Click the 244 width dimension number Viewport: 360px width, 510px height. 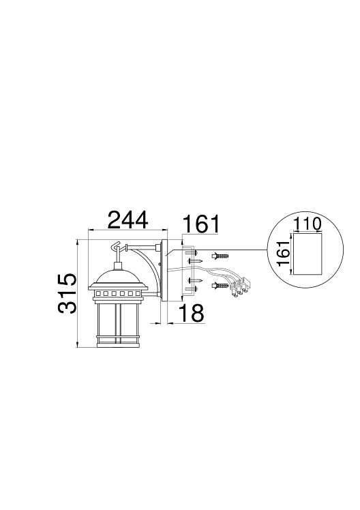coord(127,220)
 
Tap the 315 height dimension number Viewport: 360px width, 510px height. coord(67,293)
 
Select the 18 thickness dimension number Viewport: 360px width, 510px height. coord(192,313)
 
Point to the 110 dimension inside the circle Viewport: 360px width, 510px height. coord(307,224)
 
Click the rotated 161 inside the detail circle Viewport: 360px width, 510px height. coord(284,254)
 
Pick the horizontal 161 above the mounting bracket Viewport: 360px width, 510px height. coord(201,224)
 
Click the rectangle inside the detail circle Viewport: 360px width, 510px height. coord(307,253)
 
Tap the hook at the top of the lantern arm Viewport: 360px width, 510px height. coord(116,247)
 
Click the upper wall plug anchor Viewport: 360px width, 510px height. coord(220,256)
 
